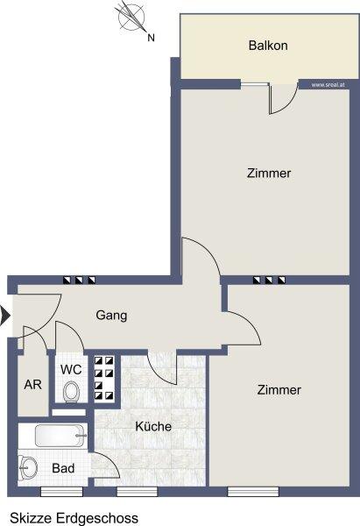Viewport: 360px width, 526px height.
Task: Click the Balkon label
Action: tap(268, 46)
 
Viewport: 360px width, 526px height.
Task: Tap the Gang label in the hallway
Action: tap(111, 316)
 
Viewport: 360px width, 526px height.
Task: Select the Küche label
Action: tap(153, 426)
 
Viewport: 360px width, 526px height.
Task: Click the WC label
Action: tap(71, 370)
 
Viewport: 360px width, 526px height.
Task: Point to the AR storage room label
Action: tap(33, 385)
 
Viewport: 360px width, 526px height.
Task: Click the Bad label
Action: tap(63, 468)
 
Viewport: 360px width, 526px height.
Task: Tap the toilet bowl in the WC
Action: tap(71, 392)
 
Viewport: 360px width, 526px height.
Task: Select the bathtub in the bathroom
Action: tap(60, 436)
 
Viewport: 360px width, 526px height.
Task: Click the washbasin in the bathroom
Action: tap(27, 466)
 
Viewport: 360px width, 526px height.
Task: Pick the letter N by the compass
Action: tap(152, 38)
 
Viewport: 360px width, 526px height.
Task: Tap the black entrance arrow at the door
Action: tap(4, 316)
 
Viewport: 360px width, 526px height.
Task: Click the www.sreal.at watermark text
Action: tap(328, 85)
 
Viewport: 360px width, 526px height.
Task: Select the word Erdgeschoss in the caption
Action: tap(97, 518)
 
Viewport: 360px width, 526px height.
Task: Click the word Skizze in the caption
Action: tap(32, 517)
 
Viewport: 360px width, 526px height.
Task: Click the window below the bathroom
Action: tap(61, 492)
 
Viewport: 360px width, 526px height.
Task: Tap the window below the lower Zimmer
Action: tap(253, 492)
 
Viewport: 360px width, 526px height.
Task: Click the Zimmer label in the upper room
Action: tap(269, 173)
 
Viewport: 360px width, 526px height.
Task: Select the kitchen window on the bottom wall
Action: tap(137, 492)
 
